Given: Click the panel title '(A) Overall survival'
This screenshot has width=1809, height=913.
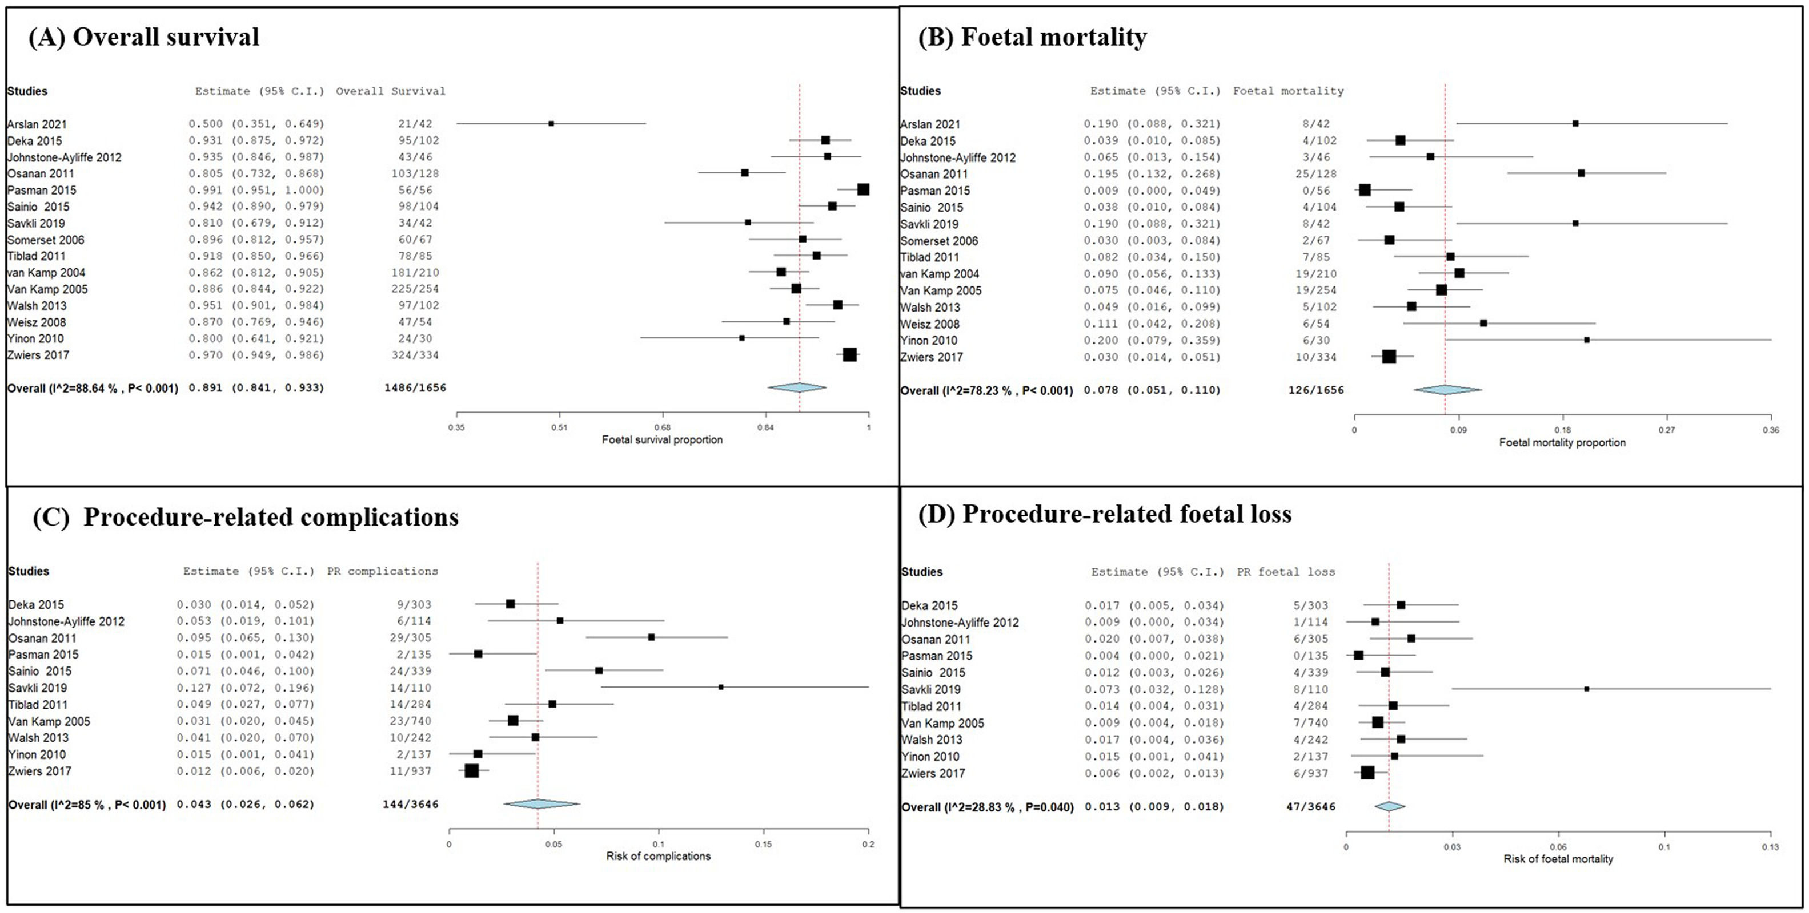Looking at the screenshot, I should click(x=144, y=37).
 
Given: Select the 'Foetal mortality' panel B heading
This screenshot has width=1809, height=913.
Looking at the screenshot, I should click(x=1032, y=37).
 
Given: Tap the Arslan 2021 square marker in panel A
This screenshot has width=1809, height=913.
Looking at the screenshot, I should click(x=551, y=123).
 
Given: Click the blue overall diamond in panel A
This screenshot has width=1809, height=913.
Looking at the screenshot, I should click(x=797, y=387).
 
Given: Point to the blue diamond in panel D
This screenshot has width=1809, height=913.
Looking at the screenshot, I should click(x=1390, y=806).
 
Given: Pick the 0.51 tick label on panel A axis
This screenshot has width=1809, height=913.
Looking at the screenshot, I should click(x=559, y=427).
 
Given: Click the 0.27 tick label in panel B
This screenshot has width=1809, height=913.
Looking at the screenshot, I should click(x=1666, y=430).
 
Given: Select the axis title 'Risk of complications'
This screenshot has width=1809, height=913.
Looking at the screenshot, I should click(x=658, y=856).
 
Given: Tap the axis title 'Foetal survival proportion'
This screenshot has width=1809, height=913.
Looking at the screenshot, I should click(x=661, y=440).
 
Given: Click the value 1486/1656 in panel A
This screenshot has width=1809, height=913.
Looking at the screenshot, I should click(x=415, y=388).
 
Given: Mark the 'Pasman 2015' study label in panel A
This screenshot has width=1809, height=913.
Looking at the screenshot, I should click(x=42, y=190).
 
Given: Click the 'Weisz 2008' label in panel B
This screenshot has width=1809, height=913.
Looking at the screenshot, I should click(x=930, y=324).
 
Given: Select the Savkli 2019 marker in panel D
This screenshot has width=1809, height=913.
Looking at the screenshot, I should click(x=1586, y=689).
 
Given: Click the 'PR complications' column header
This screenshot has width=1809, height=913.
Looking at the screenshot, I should click(x=382, y=571).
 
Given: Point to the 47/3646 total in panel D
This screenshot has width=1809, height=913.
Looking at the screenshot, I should click(x=1307, y=807).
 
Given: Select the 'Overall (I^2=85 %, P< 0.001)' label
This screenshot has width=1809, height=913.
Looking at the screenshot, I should click(x=87, y=805).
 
